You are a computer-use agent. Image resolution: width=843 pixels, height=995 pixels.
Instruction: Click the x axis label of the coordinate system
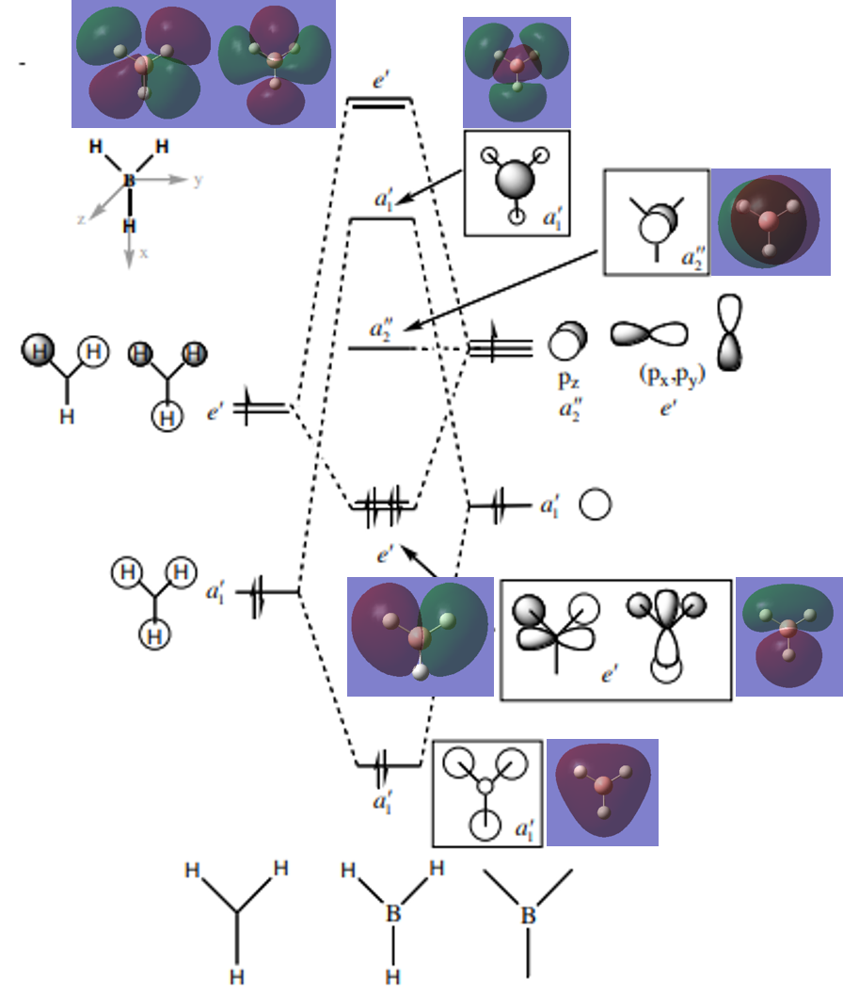click(x=145, y=253)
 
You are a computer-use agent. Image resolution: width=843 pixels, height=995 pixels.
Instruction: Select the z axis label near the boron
click(x=81, y=218)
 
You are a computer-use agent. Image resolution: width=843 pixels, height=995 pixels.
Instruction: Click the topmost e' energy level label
click(x=381, y=82)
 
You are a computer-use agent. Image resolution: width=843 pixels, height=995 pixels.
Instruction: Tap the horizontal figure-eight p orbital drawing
click(x=649, y=333)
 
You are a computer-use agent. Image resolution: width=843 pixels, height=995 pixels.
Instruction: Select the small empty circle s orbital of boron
click(x=595, y=505)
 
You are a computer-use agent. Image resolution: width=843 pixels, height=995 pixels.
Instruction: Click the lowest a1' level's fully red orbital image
click(x=602, y=793)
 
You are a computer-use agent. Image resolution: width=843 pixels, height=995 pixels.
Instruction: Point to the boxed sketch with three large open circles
click(x=485, y=793)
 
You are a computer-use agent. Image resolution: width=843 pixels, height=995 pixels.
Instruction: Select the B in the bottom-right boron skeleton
click(x=529, y=914)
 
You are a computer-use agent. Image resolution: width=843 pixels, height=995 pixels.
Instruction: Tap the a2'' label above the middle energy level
click(x=383, y=332)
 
